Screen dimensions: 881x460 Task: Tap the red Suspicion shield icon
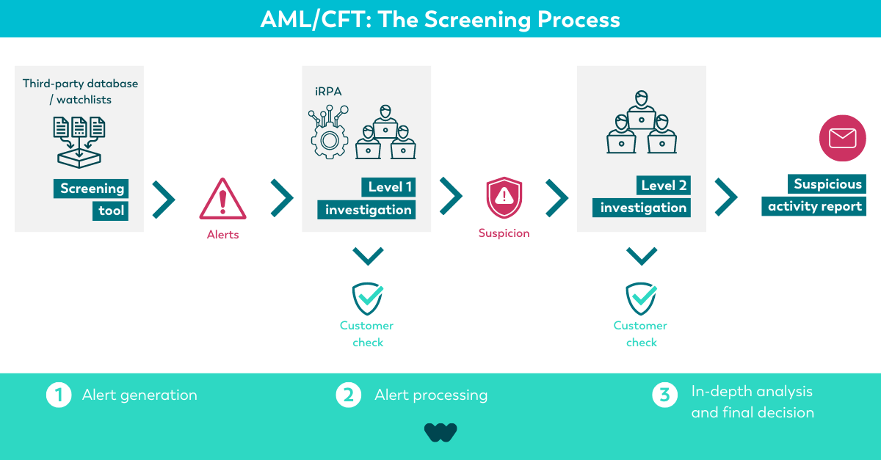504,197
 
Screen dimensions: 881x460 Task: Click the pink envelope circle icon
843,138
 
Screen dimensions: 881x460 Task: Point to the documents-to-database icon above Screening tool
79,142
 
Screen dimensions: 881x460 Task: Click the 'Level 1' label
388,187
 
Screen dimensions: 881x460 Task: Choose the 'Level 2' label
664,185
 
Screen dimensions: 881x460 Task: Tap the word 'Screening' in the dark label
91,189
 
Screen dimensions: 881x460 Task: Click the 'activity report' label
813,206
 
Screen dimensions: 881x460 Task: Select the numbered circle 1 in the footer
59,395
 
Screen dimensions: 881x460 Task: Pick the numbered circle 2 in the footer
349,395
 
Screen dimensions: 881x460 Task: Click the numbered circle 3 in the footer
664,395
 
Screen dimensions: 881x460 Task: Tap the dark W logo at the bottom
440,432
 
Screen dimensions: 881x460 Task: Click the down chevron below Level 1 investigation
368,257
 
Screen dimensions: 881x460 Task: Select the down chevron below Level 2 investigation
642,257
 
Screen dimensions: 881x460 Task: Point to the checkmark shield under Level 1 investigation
368,299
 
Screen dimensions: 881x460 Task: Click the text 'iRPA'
328,92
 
